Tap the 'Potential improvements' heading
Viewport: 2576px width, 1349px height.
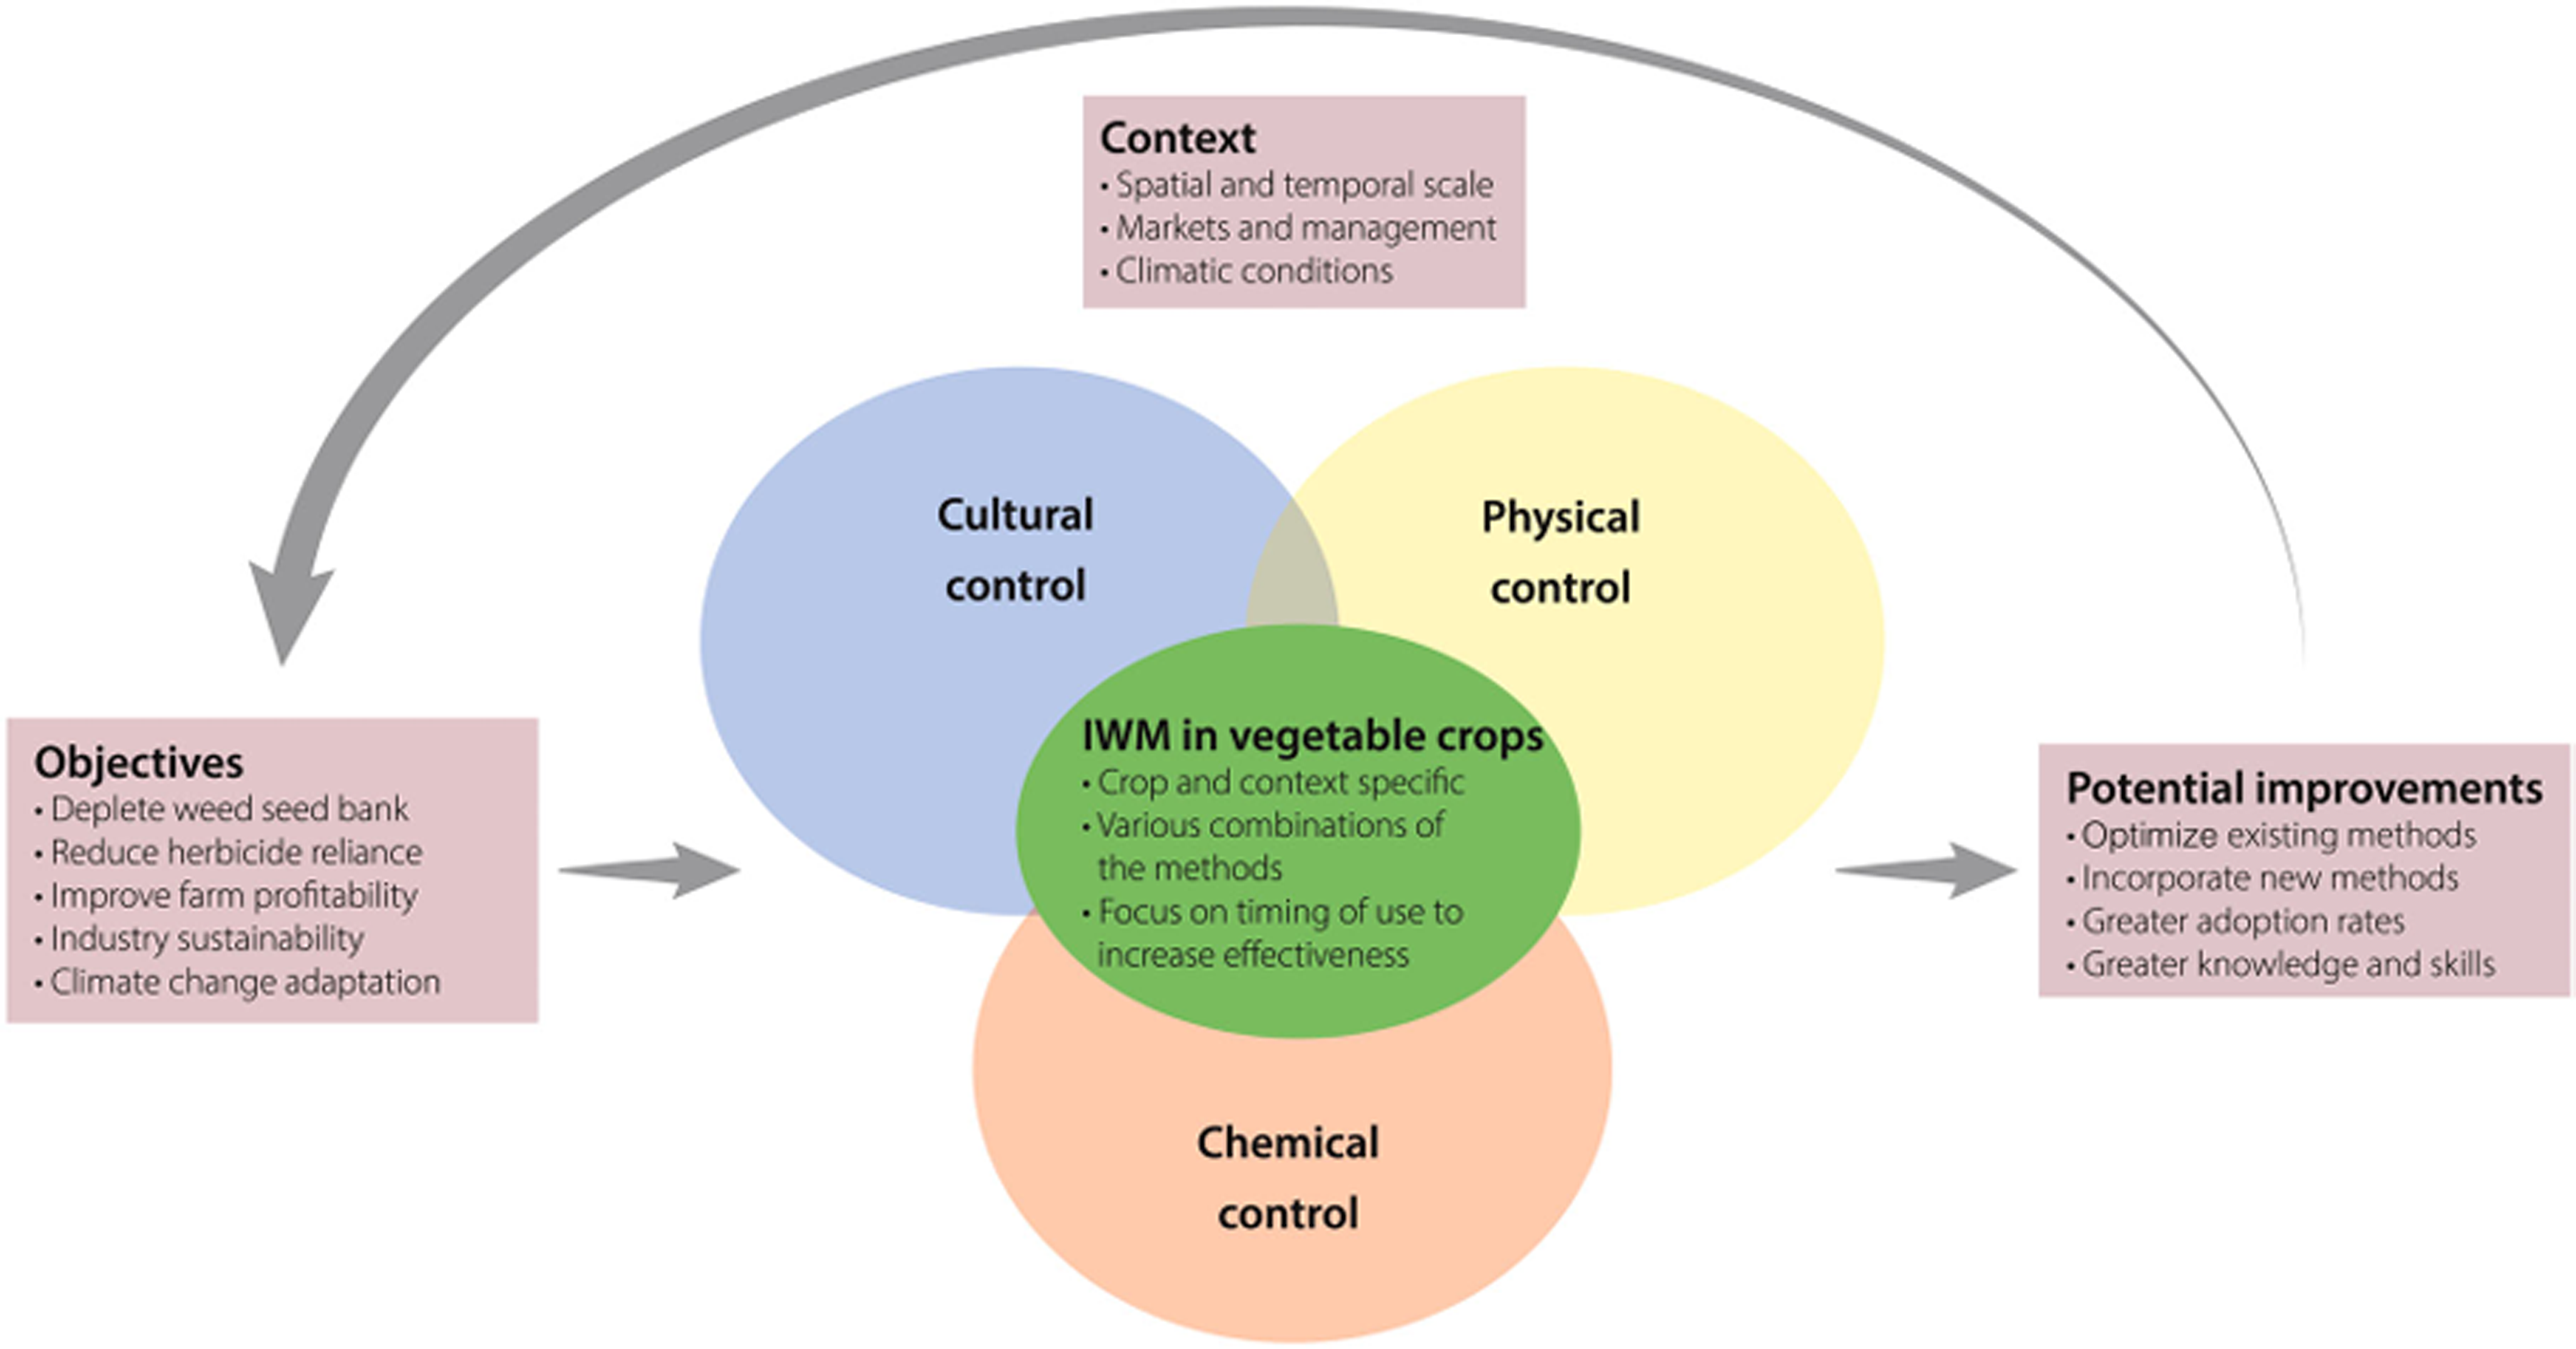coord(2304,788)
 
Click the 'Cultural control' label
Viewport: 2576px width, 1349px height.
coord(1015,550)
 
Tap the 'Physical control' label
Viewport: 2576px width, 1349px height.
coord(1560,552)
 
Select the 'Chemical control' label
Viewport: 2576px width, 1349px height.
coord(1288,1178)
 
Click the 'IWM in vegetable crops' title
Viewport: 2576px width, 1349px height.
coord(1313,736)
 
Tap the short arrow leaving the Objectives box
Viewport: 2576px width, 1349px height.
coord(650,870)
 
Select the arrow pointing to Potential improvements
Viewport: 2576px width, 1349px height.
coord(1926,870)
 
